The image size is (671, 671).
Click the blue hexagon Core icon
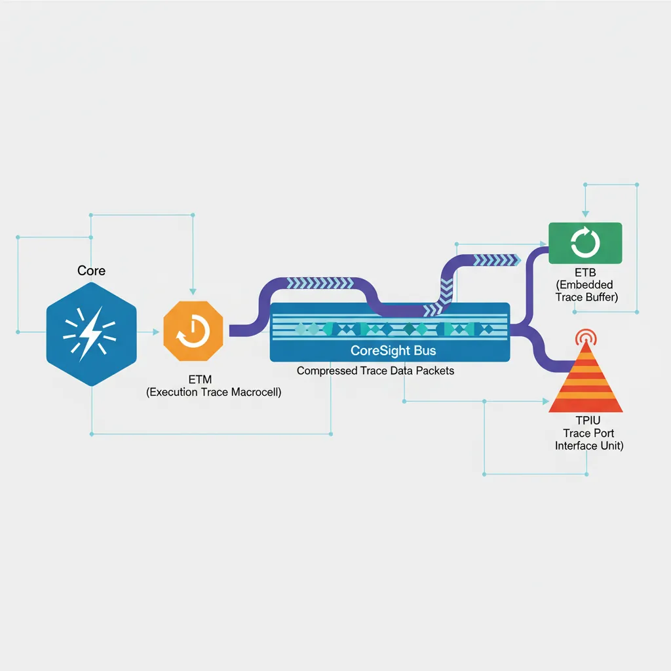pyautogui.click(x=91, y=326)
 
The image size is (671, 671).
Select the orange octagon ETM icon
pyautogui.click(x=193, y=332)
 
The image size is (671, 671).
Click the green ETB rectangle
pyautogui.click(x=585, y=242)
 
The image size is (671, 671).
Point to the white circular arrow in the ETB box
pyautogui.click(x=585, y=242)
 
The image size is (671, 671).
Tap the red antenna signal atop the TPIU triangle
pyautogui.click(x=585, y=337)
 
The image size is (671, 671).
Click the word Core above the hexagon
pyautogui.click(x=91, y=271)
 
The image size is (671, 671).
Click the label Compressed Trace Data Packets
pyautogui.click(x=375, y=371)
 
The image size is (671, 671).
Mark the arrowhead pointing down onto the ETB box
pyautogui.click(x=585, y=214)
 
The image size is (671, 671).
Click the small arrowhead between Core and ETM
pyautogui.click(x=156, y=332)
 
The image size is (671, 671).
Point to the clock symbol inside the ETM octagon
pyautogui.click(x=193, y=333)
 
